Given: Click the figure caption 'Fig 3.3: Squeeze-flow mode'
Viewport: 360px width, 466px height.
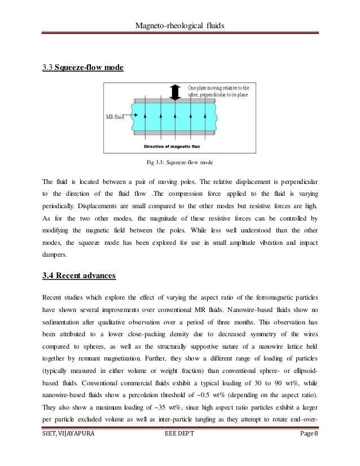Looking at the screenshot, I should click(x=179, y=164).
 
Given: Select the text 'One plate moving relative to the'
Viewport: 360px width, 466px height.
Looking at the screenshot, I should click(x=219, y=88).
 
